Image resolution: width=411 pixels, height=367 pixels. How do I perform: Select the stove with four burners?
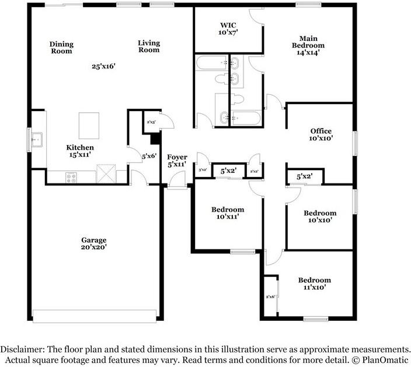72,176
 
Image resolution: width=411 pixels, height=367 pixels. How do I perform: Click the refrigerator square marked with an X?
106,174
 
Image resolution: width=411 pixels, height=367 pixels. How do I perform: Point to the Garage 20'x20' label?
93,244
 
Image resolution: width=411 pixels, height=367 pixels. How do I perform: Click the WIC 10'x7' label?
228,29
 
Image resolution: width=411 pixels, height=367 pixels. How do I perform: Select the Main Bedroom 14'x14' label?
308,45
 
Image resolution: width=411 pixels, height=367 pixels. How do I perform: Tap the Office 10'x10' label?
321,134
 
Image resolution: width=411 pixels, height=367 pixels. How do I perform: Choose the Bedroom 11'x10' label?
314,283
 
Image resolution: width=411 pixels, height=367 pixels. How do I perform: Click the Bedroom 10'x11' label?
227,213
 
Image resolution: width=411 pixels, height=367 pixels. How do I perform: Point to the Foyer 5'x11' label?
176,161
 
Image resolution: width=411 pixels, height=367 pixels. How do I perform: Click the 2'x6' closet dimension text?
270,297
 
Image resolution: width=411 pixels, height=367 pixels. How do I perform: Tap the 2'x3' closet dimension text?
150,122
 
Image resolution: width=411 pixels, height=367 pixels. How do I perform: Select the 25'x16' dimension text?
103,66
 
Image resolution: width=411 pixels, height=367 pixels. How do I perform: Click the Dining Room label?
61,47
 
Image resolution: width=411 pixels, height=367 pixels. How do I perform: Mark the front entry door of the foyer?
176,187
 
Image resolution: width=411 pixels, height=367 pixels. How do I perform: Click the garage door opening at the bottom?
95,316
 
